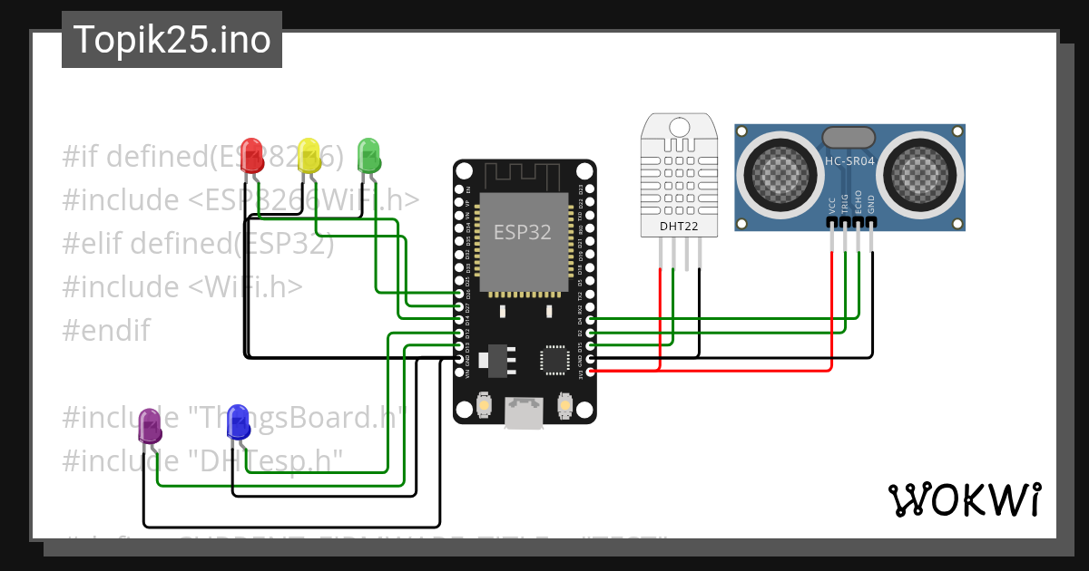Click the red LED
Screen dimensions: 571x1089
tap(251, 154)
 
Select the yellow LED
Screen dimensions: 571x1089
tap(309, 154)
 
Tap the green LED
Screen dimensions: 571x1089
tap(368, 154)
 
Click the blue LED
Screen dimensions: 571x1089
tap(238, 421)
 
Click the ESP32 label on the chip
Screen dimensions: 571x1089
tap(522, 232)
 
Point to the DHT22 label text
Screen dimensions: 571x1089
tap(679, 226)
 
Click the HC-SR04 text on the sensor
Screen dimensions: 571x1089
tap(849, 161)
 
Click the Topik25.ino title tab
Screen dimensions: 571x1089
tap(172, 40)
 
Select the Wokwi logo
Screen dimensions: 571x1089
tap(965, 499)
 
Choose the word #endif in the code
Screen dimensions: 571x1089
tap(106, 330)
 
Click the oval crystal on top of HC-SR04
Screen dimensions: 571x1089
tap(849, 137)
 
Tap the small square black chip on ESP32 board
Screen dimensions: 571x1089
tap(554, 359)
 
